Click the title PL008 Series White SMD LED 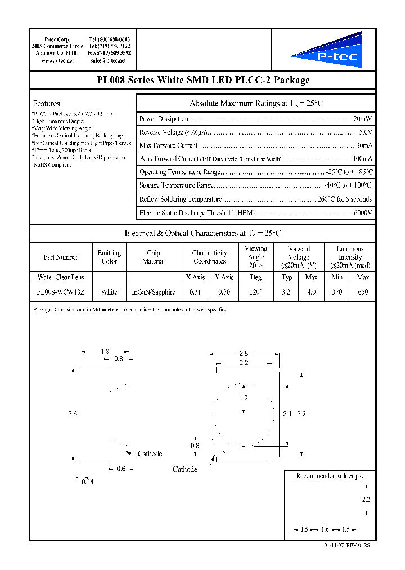203,80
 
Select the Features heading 46,104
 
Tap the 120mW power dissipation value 361,119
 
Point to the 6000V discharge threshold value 361,213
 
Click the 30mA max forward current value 363,145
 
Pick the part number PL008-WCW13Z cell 61,292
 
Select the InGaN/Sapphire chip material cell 154,292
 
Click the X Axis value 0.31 195,292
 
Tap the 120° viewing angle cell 256,292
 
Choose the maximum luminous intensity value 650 363,292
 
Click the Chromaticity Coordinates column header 209,257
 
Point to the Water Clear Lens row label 61,277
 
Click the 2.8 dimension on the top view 243,354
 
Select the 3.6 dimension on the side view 72,414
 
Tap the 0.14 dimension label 87,482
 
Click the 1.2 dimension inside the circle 243,398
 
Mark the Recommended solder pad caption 330,476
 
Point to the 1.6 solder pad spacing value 325,529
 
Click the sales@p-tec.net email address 108,60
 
